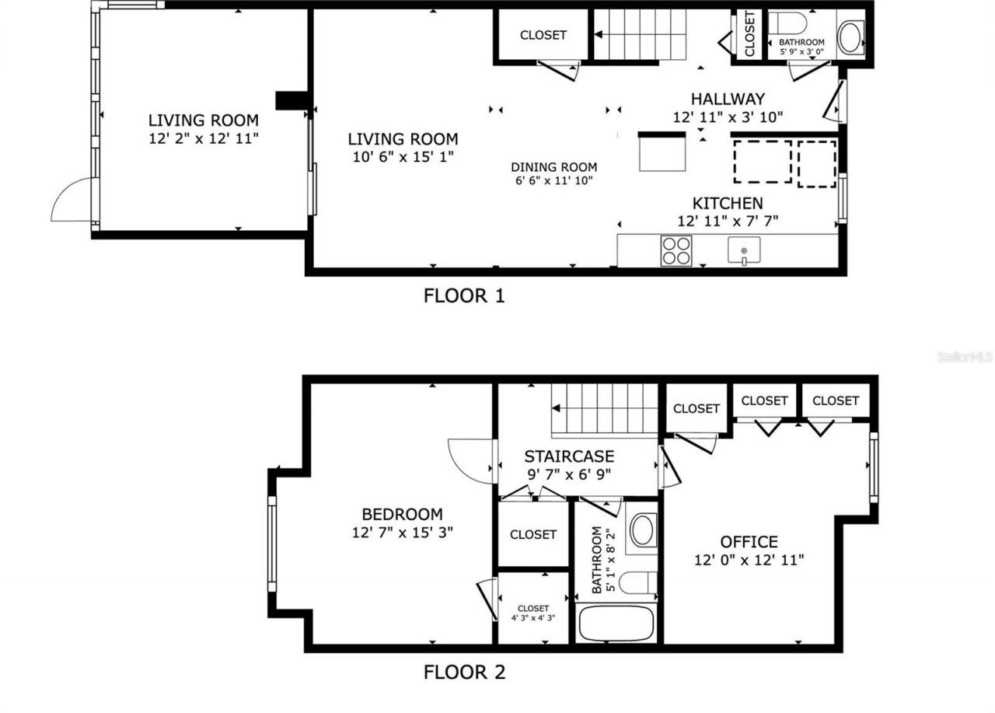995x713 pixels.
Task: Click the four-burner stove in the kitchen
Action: [676, 250]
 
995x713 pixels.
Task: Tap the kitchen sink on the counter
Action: [744, 250]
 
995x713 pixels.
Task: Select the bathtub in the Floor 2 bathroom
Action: [616, 624]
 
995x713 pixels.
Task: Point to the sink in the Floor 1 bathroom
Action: [849, 37]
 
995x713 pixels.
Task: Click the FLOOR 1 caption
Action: [464, 296]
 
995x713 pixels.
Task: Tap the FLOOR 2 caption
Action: [464, 673]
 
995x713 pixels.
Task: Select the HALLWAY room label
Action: [728, 100]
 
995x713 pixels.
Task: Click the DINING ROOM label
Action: [553, 167]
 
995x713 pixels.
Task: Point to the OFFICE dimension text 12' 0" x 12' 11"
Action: [749, 559]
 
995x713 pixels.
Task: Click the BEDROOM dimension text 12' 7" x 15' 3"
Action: [402, 532]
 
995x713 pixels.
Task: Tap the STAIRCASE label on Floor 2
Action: [568, 456]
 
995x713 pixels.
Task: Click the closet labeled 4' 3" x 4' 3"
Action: [533, 613]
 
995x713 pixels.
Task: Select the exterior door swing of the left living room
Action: [72, 200]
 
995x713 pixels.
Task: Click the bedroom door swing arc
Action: [469, 460]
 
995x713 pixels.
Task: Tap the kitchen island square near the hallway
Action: [662, 152]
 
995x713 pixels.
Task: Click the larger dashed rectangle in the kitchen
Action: [763, 162]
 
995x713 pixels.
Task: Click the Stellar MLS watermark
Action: [965, 357]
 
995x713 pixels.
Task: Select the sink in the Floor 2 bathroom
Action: [642, 530]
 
